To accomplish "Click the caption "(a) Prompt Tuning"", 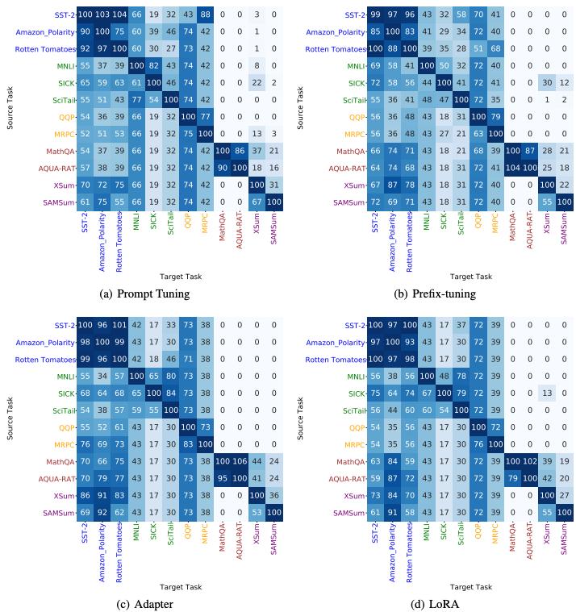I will [x=144, y=294].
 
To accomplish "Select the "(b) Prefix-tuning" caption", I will [x=435, y=294].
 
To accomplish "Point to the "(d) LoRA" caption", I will [x=435, y=604].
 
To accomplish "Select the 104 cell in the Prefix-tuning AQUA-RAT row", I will [x=512, y=168].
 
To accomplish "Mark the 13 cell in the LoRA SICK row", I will [x=546, y=393].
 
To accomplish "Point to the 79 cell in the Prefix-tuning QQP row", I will [x=495, y=117].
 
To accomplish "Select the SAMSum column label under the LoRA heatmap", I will [x=564, y=547].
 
